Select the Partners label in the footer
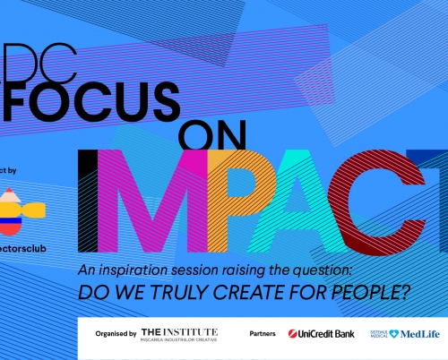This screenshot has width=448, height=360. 263,334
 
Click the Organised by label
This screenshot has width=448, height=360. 116,334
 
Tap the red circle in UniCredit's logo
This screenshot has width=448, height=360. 293,334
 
